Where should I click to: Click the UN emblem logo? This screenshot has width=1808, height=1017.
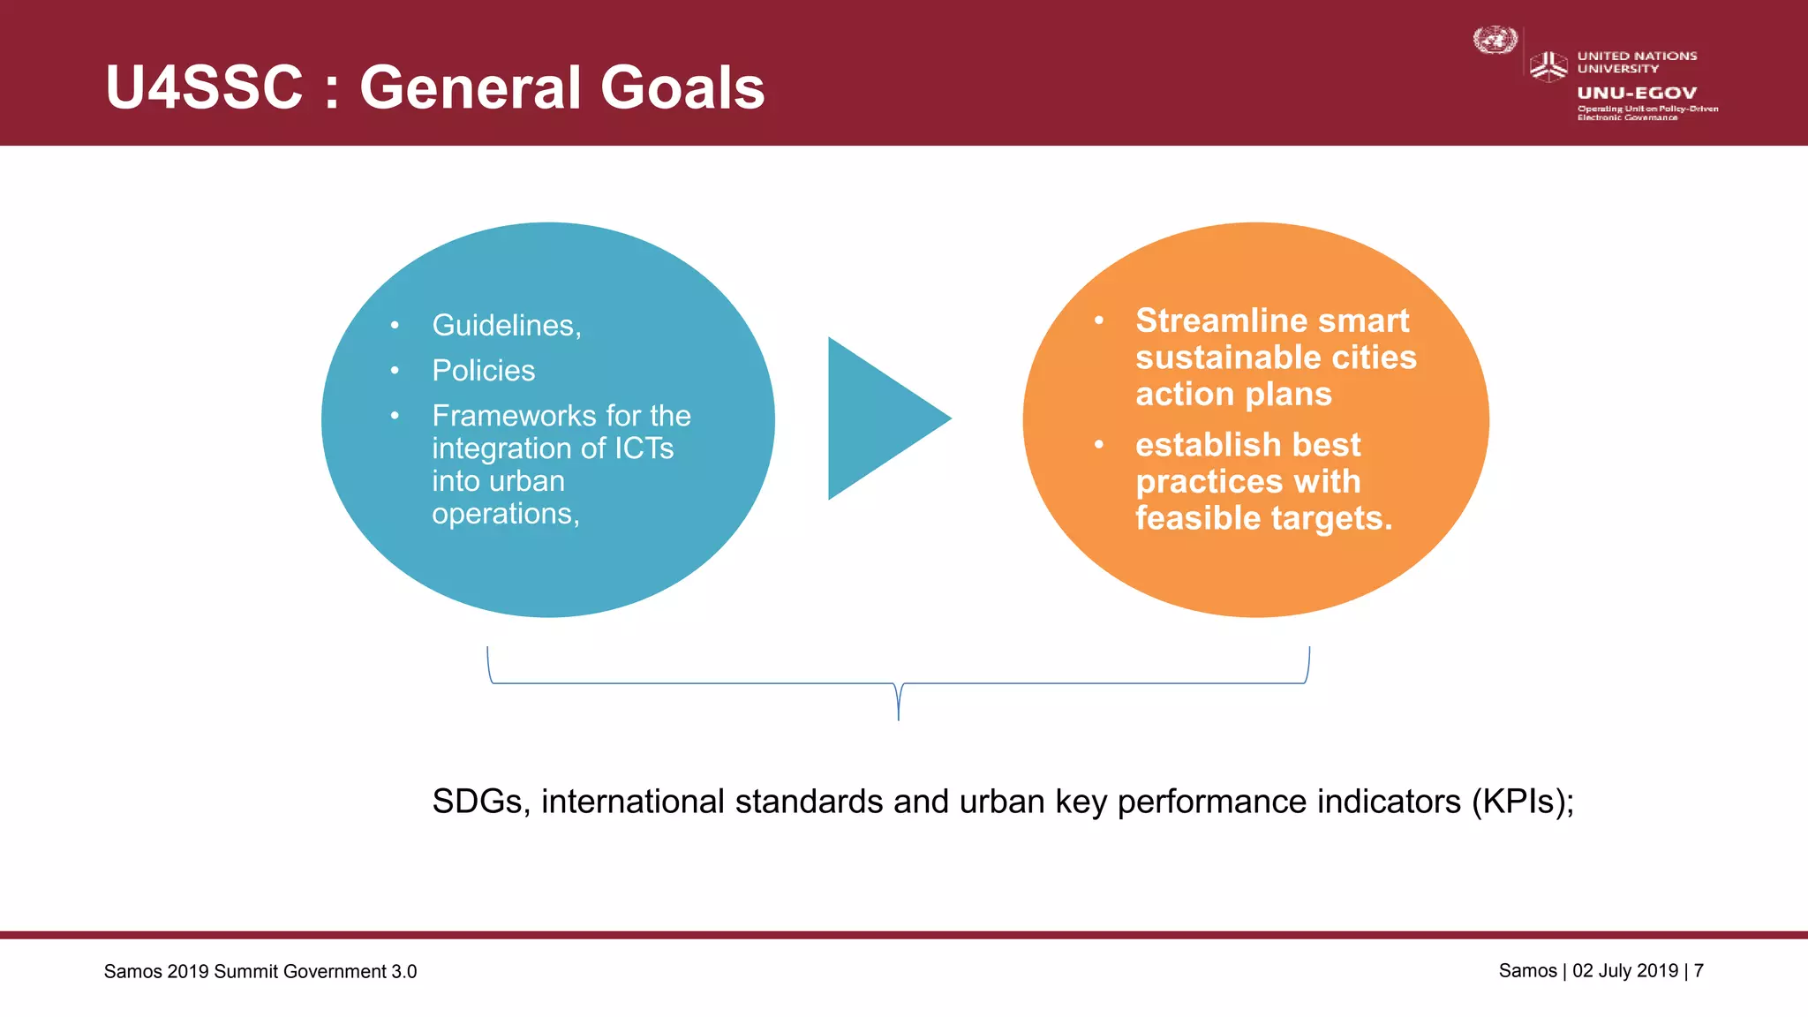pyautogui.click(x=1495, y=41)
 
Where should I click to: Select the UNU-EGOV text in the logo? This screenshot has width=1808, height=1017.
pyautogui.click(x=1637, y=93)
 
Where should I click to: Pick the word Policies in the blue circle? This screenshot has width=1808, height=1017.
pyautogui.click(x=484, y=371)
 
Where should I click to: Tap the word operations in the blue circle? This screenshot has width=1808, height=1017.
pyautogui.click(x=502, y=514)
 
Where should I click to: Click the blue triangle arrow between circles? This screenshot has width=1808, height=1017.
pyautogui.click(x=878, y=418)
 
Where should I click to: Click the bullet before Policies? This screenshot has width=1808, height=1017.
pyautogui.click(x=395, y=371)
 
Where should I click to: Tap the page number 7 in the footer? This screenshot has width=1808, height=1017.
pyautogui.click(x=1699, y=971)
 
